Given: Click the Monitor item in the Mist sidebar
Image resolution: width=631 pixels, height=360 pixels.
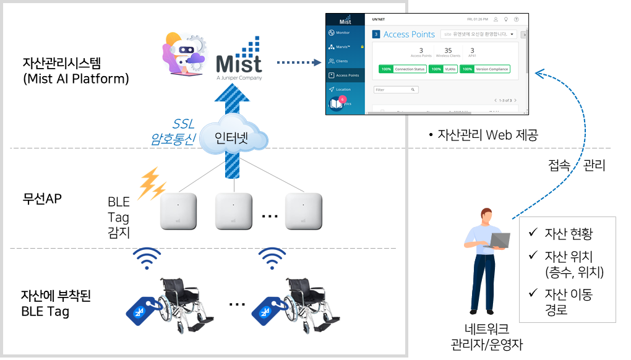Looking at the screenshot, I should (343, 32).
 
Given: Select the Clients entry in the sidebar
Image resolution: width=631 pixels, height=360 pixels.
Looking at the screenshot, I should (341, 61).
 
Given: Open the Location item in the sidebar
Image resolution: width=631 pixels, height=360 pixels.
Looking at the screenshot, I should (343, 90).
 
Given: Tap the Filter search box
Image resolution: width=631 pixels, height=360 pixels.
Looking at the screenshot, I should (396, 90).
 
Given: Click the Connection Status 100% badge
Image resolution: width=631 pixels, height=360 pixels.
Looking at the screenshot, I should (402, 69).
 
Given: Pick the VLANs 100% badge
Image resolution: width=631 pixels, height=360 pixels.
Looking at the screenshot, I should (444, 69).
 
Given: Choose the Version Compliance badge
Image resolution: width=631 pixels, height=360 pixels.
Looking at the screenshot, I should (485, 69).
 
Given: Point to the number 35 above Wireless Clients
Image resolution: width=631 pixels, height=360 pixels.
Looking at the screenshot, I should (448, 51).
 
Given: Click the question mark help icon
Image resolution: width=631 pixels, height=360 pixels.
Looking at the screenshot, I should (517, 19).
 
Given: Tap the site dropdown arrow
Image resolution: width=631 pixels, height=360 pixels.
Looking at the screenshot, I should (513, 34).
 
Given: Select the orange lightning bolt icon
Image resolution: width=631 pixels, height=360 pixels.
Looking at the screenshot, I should (151, 183).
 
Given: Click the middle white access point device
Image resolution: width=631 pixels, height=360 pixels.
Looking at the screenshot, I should (234, 212).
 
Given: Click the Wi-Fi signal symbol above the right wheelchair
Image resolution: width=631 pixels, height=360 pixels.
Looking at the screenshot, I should (272, 259).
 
